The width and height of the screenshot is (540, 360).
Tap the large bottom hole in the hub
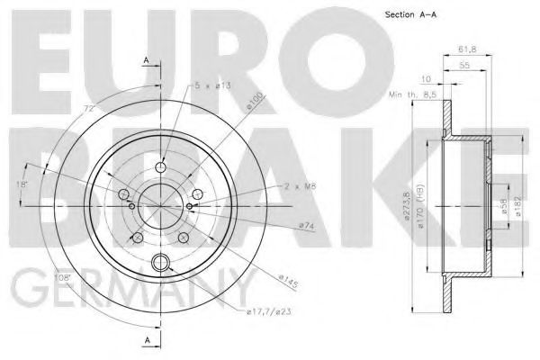(x=161, y=264)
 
